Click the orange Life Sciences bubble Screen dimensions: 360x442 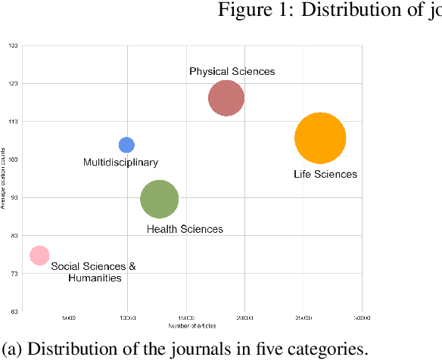pyautogui.click(x=320, y=138)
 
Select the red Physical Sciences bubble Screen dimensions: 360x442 pyautogui.click(x=226, y=98)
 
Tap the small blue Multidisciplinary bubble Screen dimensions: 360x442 pyautogui.click(x=126, y=144)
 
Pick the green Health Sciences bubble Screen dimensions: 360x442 pyautogui.click(x=159, y=200)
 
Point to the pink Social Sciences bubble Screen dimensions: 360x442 pyautogui.click(x=39, y=256)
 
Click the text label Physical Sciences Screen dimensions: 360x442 pyautogui.click(x=232, y=71)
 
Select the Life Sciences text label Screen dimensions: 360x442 pyautogui.click(x=325, y=175)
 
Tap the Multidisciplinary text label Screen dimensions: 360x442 pyautogui.click(x=120, y=162)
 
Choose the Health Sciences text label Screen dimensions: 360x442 pyautogui.click(x=185, y=229)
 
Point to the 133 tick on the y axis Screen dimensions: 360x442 pyautogui.click(x=14, y=45)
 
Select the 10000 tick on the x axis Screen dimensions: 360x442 pyautogui.click(x=126, y=318)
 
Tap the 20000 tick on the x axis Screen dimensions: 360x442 pyautogui.click(x=244, y=318)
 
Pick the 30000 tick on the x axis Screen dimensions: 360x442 pyautogui.click(x=361, y=318)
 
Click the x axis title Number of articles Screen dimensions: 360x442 pyautogui.click(x=192, y=326)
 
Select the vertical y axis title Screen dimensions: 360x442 pyautogui.click(x=4, y=178)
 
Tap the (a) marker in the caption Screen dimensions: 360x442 pyautogui.click(x=11, y=349)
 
